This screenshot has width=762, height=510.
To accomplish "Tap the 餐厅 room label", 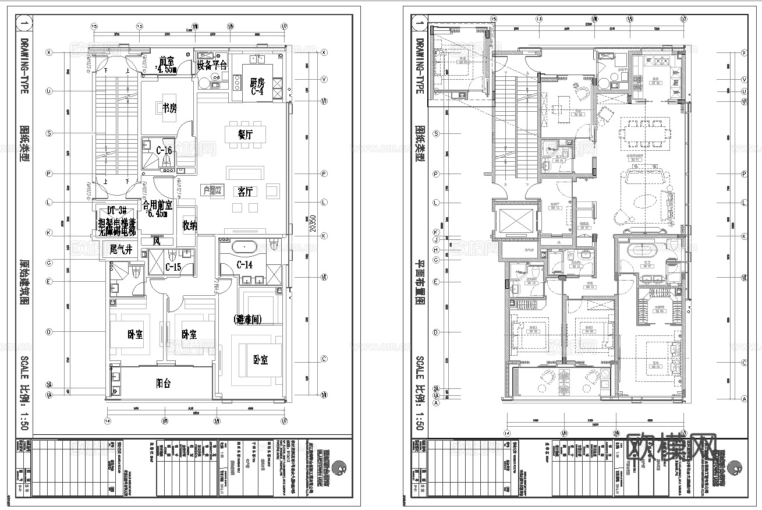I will pos(245,134).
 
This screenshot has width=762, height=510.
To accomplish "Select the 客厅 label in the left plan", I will pos(245,192).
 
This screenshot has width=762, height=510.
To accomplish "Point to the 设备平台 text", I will pos(212,65).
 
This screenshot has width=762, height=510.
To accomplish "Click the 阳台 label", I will pos(164,384).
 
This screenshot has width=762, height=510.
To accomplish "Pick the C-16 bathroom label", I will pos(163,151).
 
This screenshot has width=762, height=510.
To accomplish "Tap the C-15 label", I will pos(173,267).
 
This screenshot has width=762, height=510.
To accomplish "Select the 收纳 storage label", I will pos(190,225).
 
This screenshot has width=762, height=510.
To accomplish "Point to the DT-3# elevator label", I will pos(116,210).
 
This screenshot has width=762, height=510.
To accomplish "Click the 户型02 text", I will pos(212,189).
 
